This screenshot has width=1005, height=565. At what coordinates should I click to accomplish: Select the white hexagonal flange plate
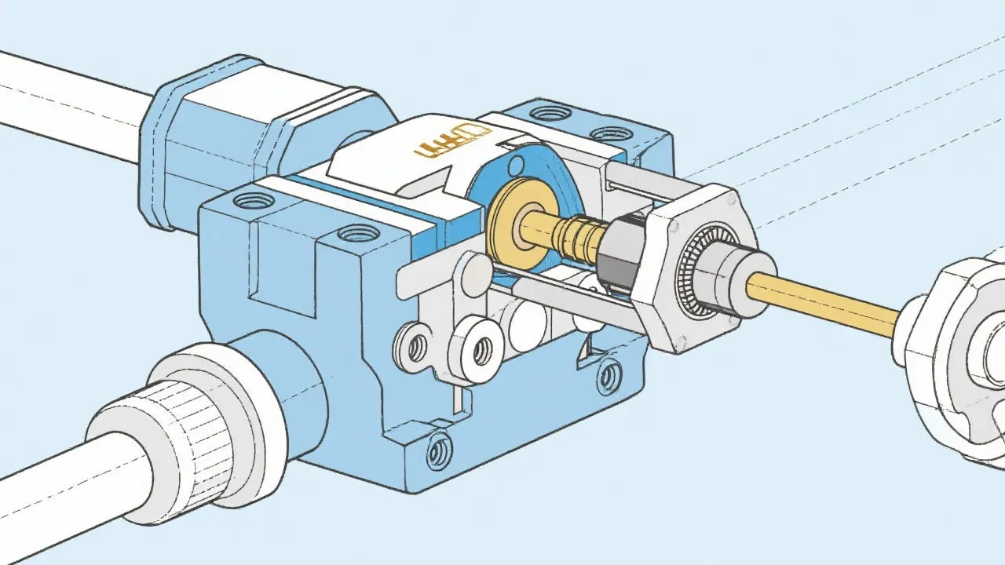point(675,314)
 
